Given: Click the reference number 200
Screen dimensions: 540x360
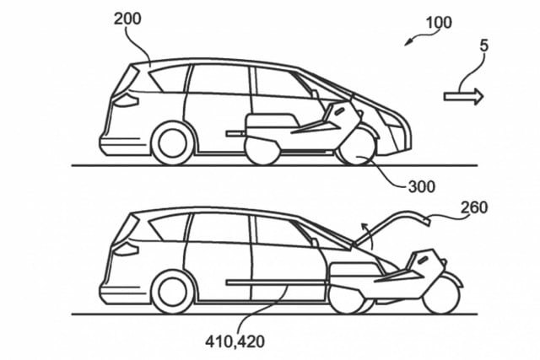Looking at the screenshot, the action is [127, 19].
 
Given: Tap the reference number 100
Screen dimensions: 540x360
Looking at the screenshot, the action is [439, 23].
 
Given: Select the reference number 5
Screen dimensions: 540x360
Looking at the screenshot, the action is [484, 46].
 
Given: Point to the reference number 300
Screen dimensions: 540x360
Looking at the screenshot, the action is [422, 187].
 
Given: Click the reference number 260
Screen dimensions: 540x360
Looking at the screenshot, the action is [474, 207].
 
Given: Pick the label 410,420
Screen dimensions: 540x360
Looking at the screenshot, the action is [235, 341].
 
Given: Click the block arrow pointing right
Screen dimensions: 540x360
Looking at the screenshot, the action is [463, 96].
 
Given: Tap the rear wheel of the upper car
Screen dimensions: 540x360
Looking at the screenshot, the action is [172, 142].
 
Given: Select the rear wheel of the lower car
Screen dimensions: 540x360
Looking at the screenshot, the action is [172, 291].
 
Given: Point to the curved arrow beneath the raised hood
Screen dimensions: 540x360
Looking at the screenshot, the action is [367, 235].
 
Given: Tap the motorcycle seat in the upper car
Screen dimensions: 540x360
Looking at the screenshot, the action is [273, 120].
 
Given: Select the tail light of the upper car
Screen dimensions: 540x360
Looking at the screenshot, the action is [127, 99].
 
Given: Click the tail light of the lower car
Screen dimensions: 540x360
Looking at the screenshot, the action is [127, 248].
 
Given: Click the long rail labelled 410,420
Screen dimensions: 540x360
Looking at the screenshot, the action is [277, 283].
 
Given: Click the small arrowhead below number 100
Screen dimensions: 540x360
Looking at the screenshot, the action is [408, 43].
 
